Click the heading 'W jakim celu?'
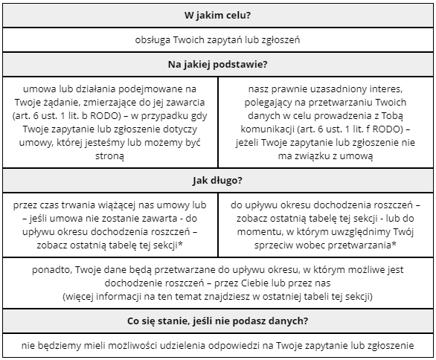point(217,16)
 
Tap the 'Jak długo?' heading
point(217,180)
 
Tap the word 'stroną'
point(109,156)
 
